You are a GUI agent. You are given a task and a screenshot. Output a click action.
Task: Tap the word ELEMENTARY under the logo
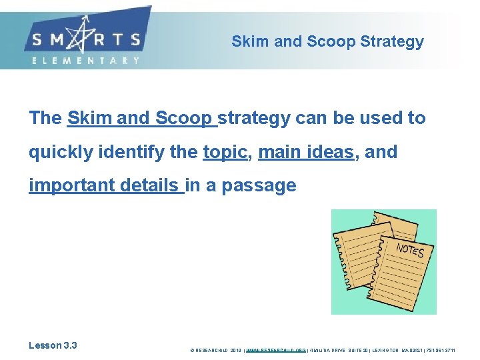point(85,60)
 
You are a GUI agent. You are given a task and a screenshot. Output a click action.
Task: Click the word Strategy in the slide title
point(391,41)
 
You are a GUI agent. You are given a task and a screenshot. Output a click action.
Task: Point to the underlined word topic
point(225,152)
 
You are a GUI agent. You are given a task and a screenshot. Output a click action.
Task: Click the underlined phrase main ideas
point(305,152)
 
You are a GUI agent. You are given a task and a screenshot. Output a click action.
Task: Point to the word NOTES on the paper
point(409,251)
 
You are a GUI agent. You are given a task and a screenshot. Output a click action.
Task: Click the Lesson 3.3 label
point(53,345)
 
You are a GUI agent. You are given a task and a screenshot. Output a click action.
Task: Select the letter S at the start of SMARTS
point(36,39)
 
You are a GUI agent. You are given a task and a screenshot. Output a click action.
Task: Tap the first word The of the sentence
point(45,119)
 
